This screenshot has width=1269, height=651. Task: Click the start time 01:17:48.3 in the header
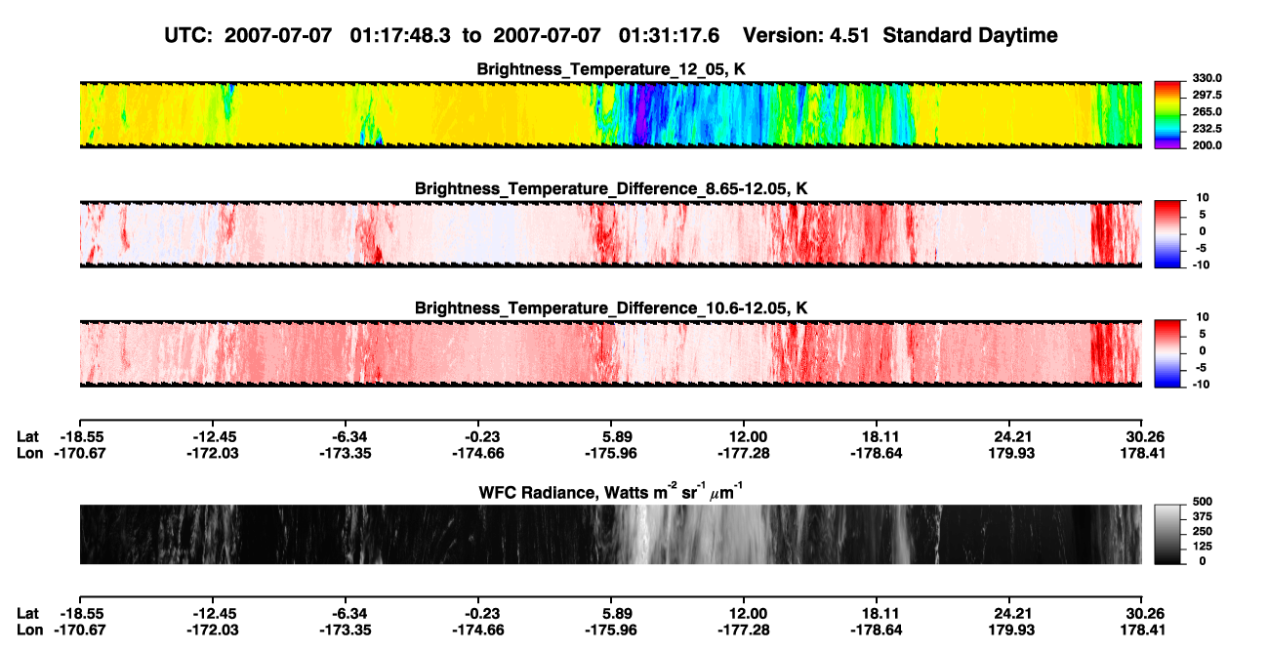(x=400, y=36)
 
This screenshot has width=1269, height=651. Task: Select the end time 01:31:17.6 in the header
(x=669, y=36)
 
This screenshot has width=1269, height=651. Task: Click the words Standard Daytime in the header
(x=970, y=36)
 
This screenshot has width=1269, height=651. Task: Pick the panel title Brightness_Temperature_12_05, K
(x=611, y=69)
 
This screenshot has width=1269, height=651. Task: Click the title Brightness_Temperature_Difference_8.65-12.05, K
(x=611, y=188)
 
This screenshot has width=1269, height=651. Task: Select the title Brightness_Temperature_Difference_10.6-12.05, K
(x=611, y=308)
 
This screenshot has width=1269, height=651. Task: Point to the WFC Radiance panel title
(x=611, y=492)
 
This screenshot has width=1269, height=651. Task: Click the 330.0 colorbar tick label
(x=1207, y=78)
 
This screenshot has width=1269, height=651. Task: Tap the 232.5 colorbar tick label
(x=1207, y=129)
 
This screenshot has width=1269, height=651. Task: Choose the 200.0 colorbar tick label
(x=1207, y=145)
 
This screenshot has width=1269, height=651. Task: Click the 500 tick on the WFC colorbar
(x=1203, y=502)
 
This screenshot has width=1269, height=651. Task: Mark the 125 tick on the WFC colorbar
(x=1203, y=547)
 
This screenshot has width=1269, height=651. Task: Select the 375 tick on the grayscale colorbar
(x=1203, y=516)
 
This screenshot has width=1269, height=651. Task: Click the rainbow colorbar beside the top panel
(x=1167, y=115)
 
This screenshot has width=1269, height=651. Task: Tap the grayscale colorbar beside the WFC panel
(x=1167, y=534)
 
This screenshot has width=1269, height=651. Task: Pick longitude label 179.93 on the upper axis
(x=1011, y=453)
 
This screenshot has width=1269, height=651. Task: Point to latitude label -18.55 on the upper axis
(x=79, y=437)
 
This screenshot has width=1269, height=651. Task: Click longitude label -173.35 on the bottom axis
(x=345, y=631)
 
